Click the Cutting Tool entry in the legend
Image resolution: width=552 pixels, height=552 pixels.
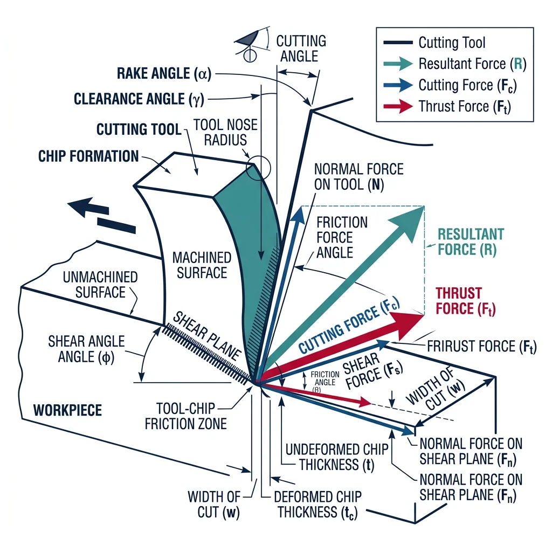coord(452,43)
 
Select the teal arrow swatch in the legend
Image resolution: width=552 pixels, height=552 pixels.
coord(399,64)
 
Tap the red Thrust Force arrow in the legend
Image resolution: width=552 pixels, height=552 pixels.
coord(399,106)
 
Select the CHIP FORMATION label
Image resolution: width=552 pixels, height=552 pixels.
coord(88,156)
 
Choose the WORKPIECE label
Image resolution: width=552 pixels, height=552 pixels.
coord(67,410)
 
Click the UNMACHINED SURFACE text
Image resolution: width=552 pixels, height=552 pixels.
coord(100,285)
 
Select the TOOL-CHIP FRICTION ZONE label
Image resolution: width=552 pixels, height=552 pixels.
coord(185,416)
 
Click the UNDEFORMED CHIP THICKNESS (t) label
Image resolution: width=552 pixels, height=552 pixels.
coord(329,457)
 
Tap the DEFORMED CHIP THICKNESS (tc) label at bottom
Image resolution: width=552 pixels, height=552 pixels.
coord(318,504)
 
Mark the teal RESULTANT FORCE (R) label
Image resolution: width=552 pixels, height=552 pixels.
coord(471,241)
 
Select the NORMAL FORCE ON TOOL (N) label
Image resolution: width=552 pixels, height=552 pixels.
coord(358,177)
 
